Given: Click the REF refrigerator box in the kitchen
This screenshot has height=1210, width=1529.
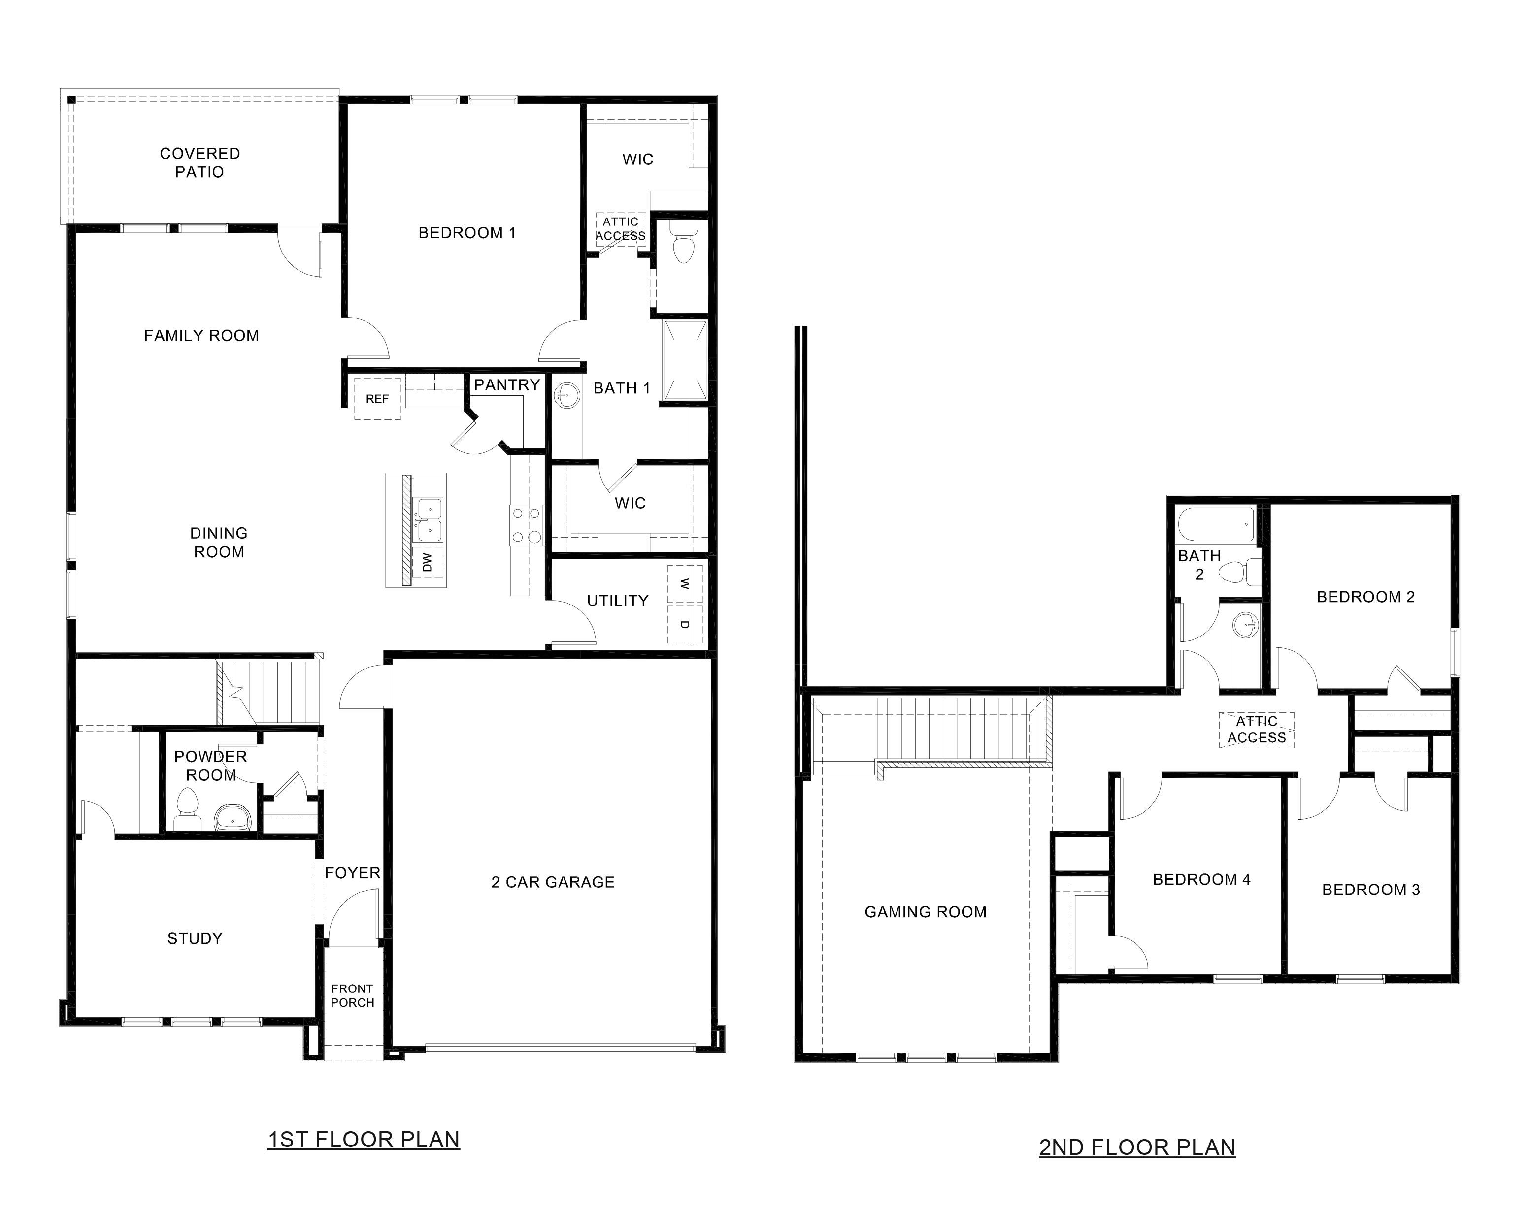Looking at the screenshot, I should pos(377,399).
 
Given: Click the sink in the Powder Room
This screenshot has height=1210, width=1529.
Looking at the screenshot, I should pos(233,818).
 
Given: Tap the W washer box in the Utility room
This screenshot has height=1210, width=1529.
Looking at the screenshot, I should pos(684,584).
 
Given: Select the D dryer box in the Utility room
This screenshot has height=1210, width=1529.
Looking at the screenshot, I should pos(684,624).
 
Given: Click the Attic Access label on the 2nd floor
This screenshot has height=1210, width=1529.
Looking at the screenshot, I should pos(1256,730).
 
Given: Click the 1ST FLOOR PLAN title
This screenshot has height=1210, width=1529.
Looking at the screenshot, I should pos(364,1139).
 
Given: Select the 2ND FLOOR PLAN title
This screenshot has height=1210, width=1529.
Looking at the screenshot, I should pos(1137,1147).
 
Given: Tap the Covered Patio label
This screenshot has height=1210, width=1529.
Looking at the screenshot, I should pos(200,162).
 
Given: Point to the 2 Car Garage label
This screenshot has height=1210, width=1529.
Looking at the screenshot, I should pos(553,882).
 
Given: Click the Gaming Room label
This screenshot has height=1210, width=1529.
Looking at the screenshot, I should pos(925,912).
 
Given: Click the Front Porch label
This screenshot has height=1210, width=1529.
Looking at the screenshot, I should pos(352,995).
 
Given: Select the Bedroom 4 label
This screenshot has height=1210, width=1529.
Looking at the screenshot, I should pos(1201,879).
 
